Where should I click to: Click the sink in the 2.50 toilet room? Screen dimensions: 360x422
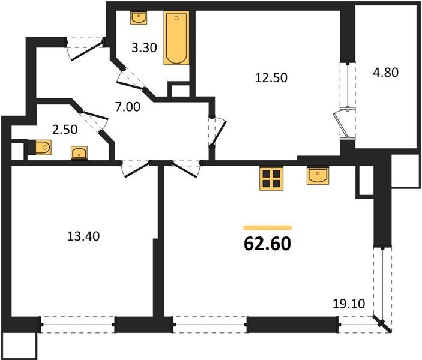(79, 153)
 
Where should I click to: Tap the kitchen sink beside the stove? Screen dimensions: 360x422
(317, 176)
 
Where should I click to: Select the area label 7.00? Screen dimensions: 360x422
(127, 109)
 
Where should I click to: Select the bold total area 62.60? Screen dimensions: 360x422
(267, 244)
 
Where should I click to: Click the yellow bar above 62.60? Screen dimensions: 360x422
(267, 228)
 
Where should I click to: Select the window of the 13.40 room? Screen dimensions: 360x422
(78, 325)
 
